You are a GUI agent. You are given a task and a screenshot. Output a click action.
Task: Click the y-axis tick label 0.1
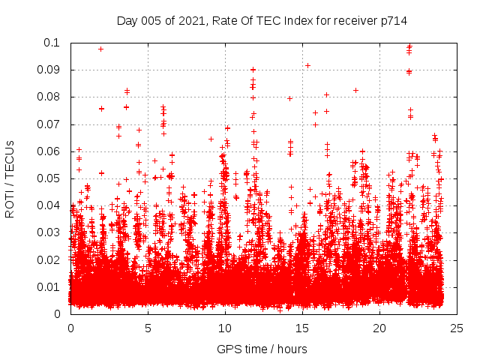pos(54,43)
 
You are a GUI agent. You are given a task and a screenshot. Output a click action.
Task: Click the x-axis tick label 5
pos(148,328)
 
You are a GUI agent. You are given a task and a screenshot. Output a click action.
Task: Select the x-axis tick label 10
pos(225,328)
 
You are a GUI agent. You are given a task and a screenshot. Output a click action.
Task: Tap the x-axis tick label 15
pos(302,328)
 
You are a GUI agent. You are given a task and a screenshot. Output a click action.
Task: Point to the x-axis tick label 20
pos(379,328)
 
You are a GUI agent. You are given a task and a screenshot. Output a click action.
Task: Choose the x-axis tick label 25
pos(457,328)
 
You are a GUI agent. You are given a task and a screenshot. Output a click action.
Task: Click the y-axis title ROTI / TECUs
pos(10,178)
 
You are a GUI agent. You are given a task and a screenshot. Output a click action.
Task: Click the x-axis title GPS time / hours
pos(262,349)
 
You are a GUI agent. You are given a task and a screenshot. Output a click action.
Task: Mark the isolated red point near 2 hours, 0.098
pos(101,49)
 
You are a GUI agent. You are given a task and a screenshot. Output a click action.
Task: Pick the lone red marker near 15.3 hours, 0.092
pos(307,65)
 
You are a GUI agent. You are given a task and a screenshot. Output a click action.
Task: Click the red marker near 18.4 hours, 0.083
pos(355,90)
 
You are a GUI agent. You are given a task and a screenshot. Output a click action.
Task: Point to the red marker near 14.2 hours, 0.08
pos(289,98)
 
